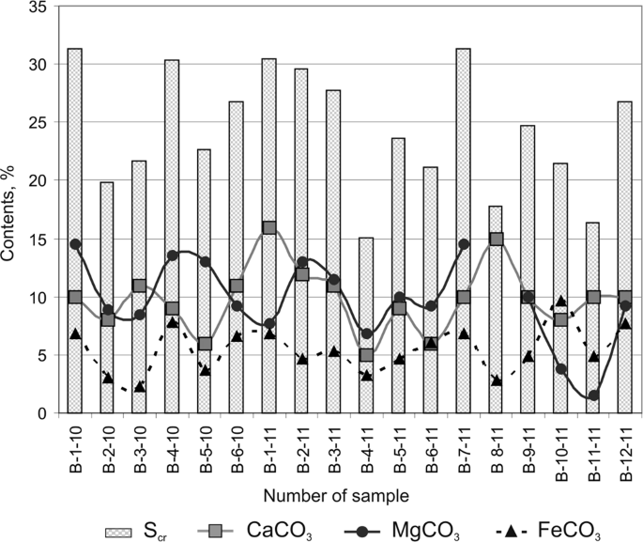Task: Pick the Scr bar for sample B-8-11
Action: pos(496,309)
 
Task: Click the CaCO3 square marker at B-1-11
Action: pos(269,227)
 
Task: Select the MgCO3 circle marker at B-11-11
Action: pos(593,395)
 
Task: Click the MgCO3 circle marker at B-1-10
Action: pos(75,244)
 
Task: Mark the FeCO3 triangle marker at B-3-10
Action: pos(140,386)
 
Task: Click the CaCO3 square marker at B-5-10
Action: pos(205,344)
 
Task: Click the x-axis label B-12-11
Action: pos(626,452)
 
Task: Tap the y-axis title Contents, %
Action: pos(12,209)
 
